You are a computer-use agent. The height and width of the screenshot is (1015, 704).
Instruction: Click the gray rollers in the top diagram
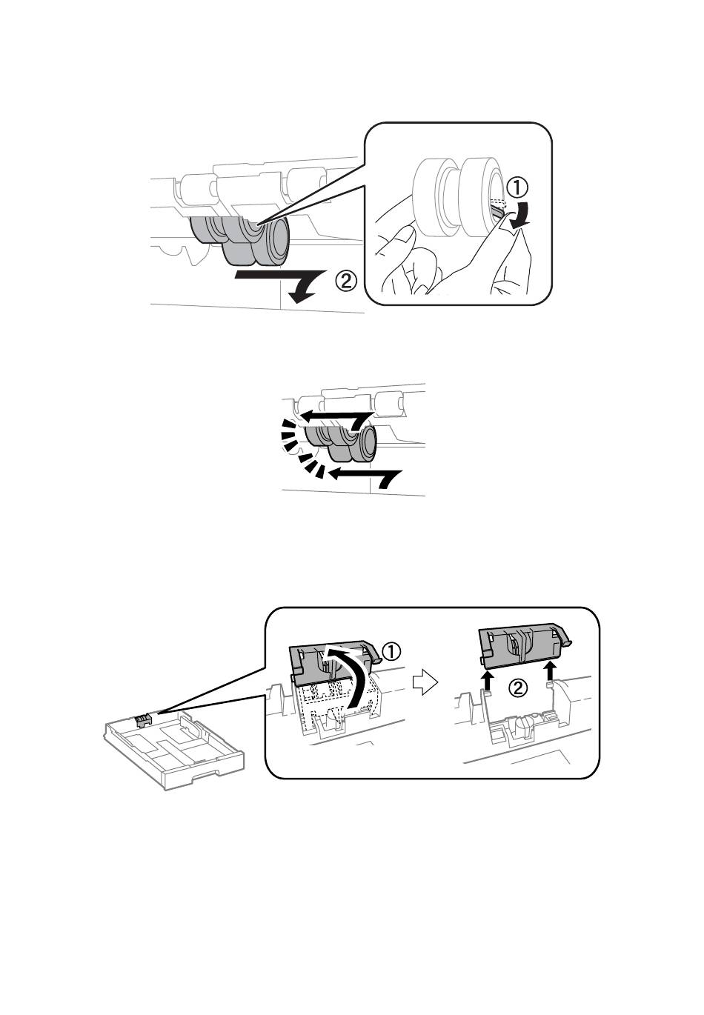(240, 240)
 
